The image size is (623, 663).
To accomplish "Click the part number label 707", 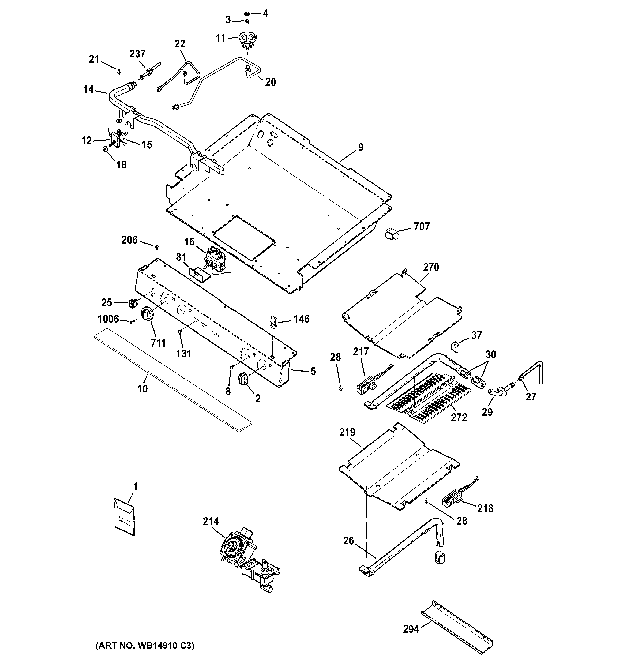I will pos(422,227).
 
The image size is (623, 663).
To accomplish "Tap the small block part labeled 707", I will pos(392,234).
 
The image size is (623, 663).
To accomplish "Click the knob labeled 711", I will pos(147,314).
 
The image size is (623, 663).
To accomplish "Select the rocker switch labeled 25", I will pos(133,303).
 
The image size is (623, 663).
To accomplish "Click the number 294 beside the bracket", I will pos(411,629).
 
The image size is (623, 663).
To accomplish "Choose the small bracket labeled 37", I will pos(455,346).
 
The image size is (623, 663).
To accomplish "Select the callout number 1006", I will pos(108,319).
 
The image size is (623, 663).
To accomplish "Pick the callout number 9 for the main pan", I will pos(361,147).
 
